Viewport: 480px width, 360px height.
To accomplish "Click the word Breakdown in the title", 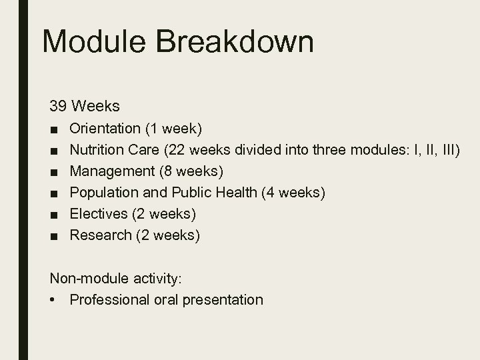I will (249, 42).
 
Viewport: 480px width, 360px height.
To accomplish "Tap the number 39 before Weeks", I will (58, 106).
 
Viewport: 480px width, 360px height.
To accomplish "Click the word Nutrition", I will (96, 149).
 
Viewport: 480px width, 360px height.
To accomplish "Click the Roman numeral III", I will (445, 149).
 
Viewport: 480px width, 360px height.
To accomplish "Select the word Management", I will (112, 171).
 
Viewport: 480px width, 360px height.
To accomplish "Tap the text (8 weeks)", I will (191, 171).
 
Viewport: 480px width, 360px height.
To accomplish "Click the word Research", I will (101, 235).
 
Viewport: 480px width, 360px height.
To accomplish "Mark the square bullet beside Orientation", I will (53, 128).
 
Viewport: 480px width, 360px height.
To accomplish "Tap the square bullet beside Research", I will (53, 236).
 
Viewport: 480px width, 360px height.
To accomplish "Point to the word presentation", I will (223, 300).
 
